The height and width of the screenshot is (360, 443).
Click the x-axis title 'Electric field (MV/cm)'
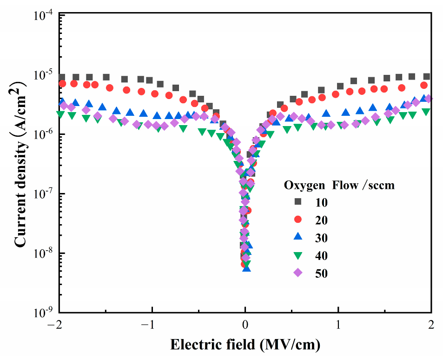tap(245, 345)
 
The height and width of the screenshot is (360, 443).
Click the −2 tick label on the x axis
tap(58, 324)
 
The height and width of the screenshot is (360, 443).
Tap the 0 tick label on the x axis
tap(245, 324)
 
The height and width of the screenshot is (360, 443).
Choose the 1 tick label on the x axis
tap(338, 324)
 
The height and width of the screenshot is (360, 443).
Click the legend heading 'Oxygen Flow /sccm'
tap(339, 185)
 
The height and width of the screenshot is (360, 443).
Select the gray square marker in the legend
tap(298, 201)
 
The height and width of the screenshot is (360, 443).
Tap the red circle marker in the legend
tap(298, 220)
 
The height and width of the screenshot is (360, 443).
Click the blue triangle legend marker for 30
tap(298, 238)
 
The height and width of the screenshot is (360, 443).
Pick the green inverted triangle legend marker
tap(298, 256)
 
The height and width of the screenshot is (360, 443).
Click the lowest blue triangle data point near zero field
tap(246, 268)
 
